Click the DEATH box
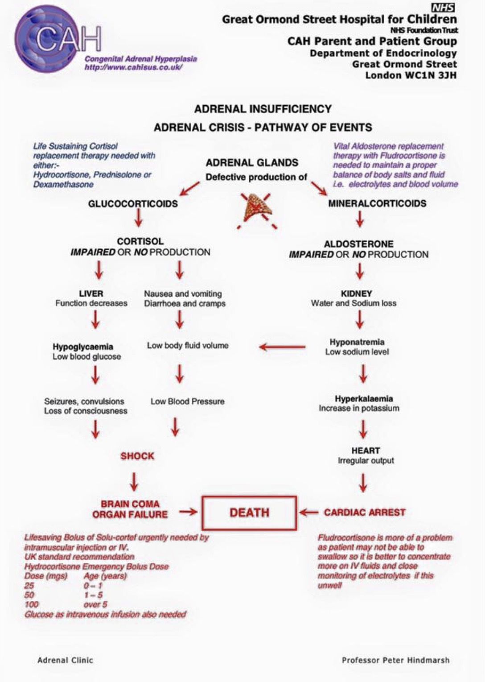pos(249,513)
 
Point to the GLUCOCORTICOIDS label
pos(133,204)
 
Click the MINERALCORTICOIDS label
pos(377,203)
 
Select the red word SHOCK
pos(137,456)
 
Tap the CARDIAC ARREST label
pos(365,513)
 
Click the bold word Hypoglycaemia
pos(83,347)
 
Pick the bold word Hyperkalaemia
pos(364,399)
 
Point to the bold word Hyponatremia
pos(357,342)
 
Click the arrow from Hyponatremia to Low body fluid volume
pos(282,347)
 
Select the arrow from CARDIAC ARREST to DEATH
pos(308,513)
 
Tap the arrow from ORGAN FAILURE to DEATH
pos(188,512)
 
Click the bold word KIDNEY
pos(356,293)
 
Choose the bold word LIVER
pos(91,293)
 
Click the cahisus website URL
pos(134,67)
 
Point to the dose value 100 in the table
pos(32,604)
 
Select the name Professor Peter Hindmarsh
pos(395,660)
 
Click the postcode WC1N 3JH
pos(411,75)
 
